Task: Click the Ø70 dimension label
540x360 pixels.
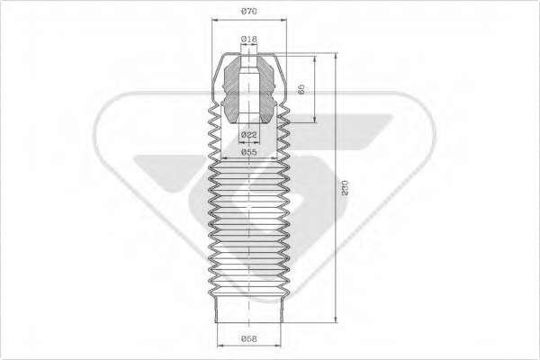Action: pos(248,12)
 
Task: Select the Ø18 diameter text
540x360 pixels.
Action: pos(248,40)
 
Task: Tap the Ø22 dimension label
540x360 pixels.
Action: pos(248,134)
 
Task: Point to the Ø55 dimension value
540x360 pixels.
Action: pos(248,152)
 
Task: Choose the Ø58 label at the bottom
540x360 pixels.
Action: pos(248,339)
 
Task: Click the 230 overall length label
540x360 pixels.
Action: pos(345,188)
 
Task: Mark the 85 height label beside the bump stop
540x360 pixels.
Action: pos(301,88)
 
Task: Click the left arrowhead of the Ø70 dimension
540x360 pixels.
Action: pos(215,20)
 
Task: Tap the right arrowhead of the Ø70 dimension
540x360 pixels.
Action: pos(283,20)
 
